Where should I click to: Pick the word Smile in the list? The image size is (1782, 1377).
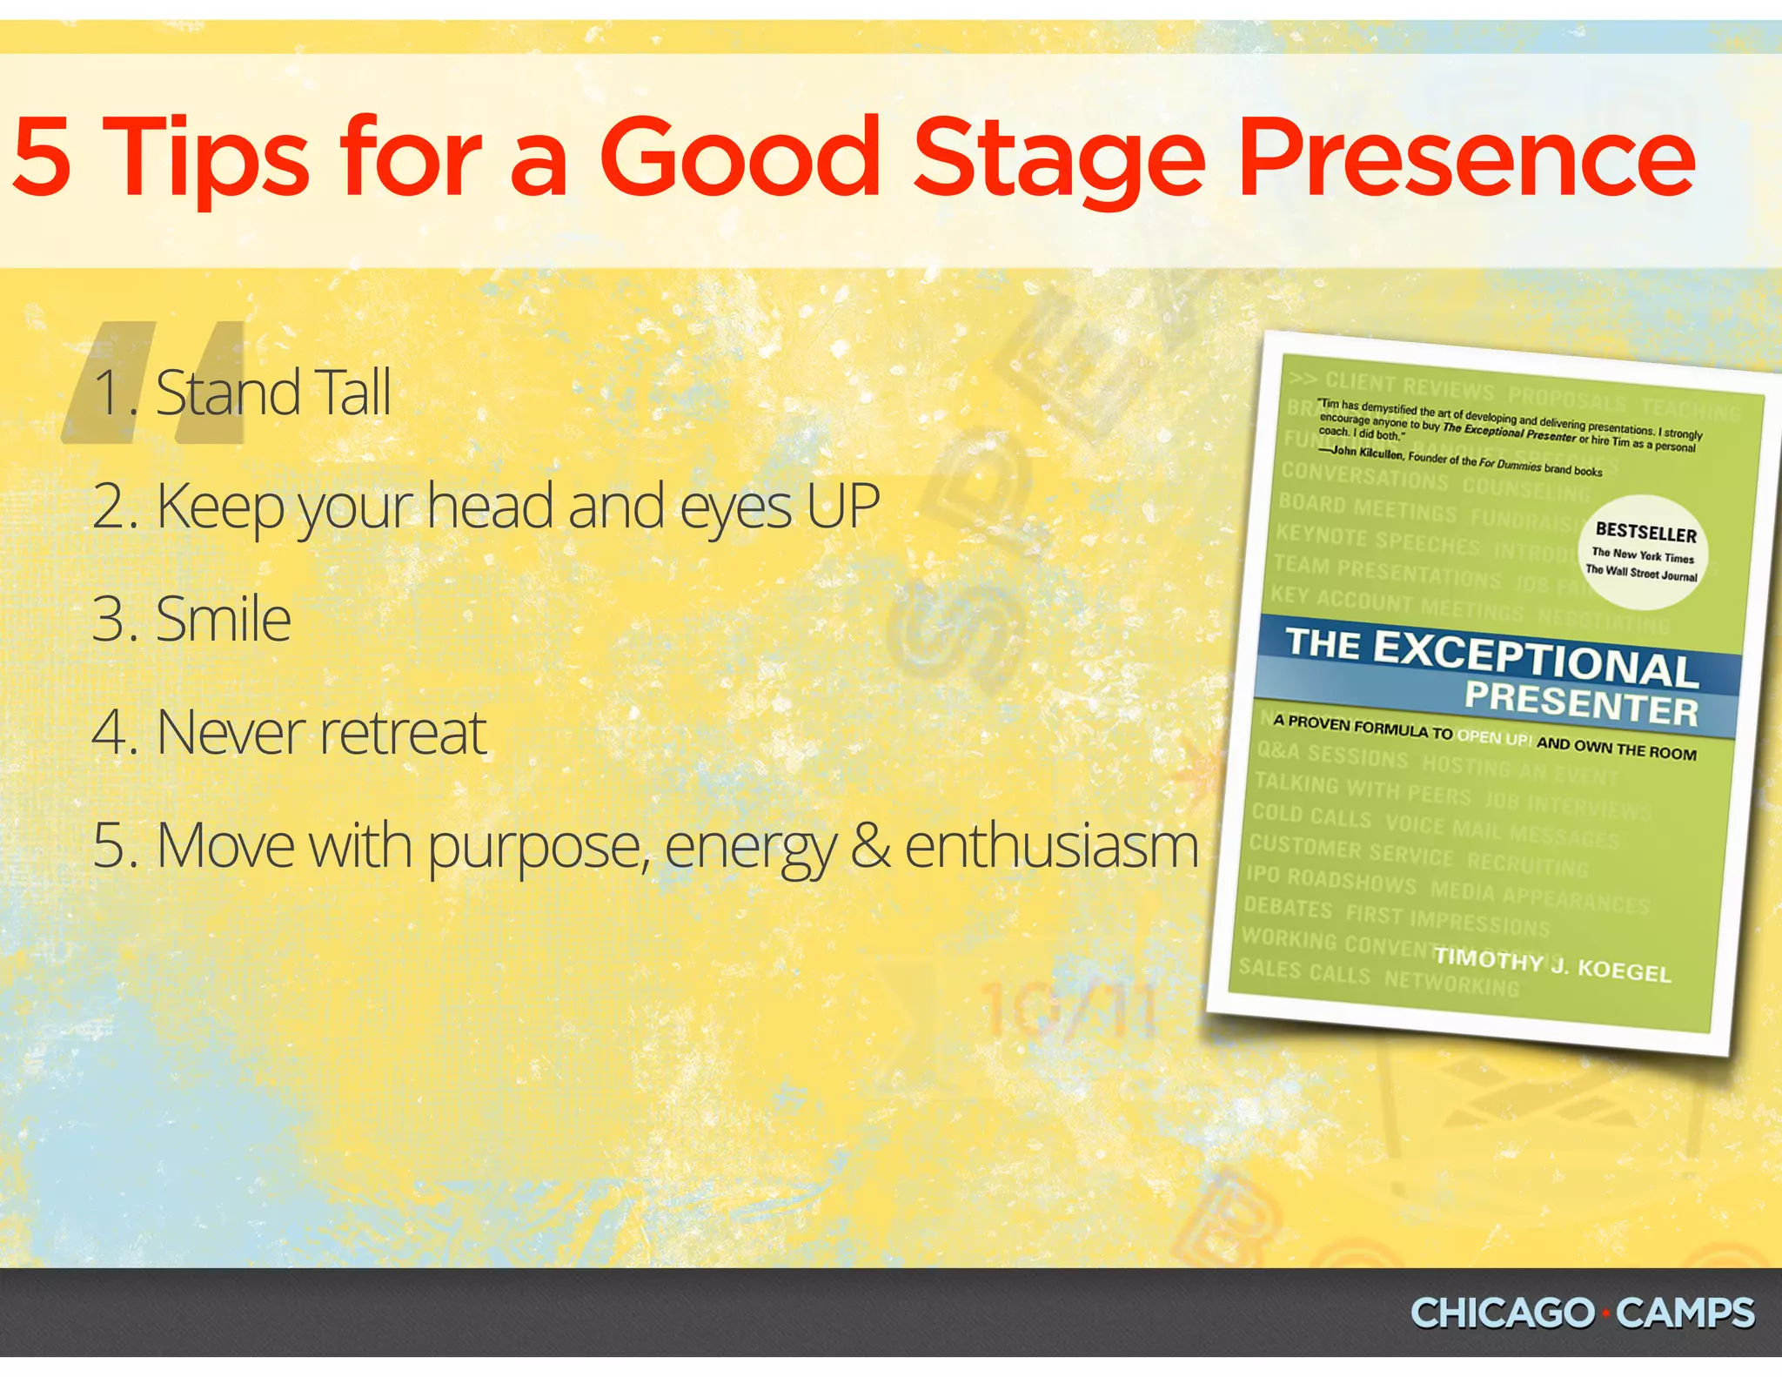(223, 619)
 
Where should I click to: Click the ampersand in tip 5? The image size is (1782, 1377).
(871, 846)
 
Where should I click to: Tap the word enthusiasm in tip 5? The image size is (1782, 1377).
(1051, 846)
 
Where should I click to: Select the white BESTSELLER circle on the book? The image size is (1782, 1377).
(1643, 552)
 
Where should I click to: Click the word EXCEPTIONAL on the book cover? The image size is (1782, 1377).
(1535, 659)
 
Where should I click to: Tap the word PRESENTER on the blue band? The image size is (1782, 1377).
(1581, 704)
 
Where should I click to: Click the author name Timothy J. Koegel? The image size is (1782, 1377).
(1552, 964)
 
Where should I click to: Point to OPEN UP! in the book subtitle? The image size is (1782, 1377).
(1493, 737)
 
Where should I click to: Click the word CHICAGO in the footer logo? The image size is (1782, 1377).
(1502, 1313)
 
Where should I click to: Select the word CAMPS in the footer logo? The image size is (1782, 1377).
(1685, 1313)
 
